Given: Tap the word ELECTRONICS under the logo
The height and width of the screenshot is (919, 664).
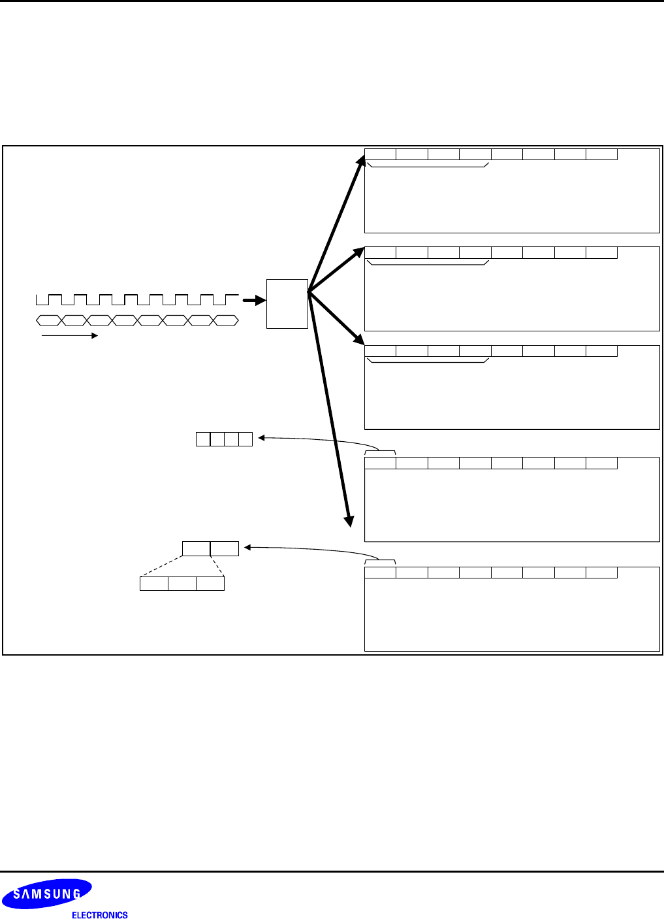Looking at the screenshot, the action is pos(99,915).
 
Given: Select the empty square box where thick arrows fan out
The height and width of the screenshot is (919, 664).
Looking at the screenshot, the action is pos(287,303).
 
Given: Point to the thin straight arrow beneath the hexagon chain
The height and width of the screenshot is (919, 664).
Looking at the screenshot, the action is pos(69,336).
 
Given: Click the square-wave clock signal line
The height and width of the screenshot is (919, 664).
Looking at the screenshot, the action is pos(137,299).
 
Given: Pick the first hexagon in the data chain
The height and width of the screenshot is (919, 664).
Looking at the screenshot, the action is pos(49,320).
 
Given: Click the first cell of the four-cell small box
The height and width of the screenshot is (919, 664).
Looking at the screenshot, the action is pos(203,439).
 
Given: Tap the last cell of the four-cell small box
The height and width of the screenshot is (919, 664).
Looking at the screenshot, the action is pos(245,439).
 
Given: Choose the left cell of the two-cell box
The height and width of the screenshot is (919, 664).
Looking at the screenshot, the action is pos(196,548).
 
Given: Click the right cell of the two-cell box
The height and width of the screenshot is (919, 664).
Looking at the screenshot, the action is pos(225,548).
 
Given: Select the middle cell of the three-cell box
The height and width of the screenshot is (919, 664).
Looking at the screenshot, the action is pos(182,584).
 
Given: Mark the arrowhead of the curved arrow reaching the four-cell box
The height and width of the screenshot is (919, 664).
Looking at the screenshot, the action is pos(261,438).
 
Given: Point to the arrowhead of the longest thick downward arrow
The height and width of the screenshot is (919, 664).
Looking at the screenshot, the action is pos(350,520).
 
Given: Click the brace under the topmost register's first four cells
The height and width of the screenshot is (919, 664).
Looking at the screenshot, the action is pos(428,165).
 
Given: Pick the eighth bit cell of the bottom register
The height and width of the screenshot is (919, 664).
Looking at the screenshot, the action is pos(601,573).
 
